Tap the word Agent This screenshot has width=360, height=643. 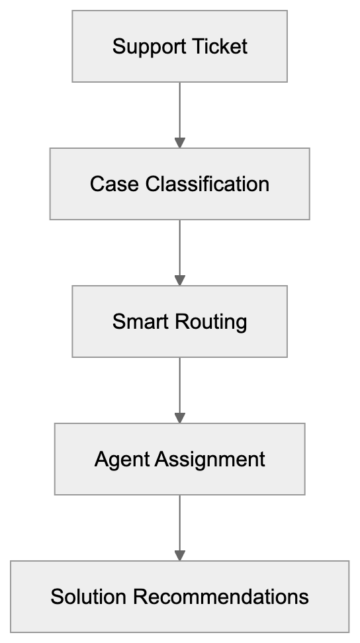coord(122,459)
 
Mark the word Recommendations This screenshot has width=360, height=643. coord(220,597)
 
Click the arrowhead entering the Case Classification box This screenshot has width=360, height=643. coord(179,142)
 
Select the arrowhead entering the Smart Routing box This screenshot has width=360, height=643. coord(179,280)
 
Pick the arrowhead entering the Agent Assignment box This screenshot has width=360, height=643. coord(179,418)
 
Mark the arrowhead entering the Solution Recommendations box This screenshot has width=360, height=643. coord(179,555)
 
